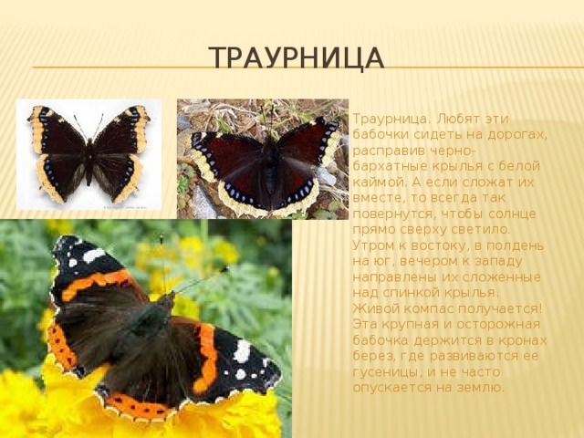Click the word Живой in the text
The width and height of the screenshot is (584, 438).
point(374,308)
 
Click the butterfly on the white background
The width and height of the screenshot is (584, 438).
point(89,154)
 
